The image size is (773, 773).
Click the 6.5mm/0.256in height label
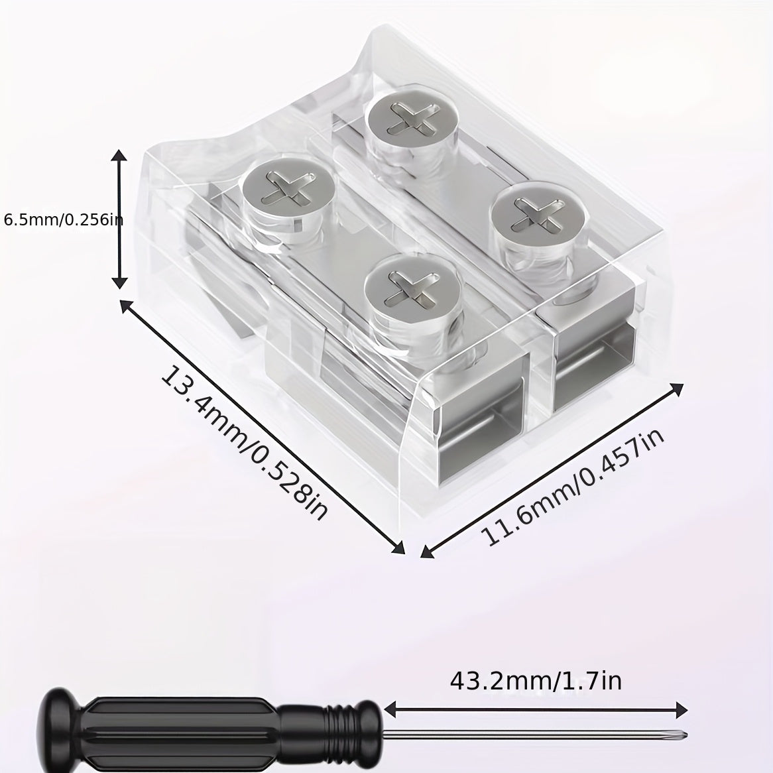[63, 219]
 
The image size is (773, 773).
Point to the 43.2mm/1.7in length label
[536, 682]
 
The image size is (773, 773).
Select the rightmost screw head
[538, 211]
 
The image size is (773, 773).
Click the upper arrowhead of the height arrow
[119, 156]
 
